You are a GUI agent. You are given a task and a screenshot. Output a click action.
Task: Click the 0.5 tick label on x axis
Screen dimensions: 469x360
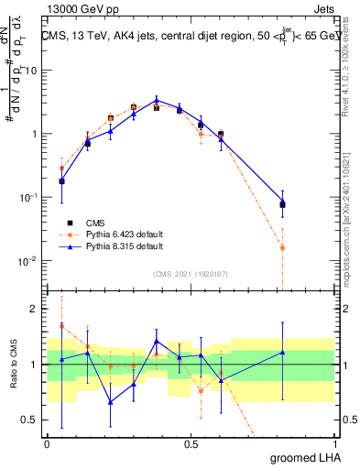click(x=191, y=443)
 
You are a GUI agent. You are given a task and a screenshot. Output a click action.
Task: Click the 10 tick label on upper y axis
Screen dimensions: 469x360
click(x=31, y=71)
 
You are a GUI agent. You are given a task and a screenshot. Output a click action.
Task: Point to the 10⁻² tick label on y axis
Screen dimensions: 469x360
click(x=28, y=261)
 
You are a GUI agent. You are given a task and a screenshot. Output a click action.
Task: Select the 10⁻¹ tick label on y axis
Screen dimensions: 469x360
click(x=28, y=198)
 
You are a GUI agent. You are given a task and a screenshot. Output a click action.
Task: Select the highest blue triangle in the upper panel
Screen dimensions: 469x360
click(x=157, y=100)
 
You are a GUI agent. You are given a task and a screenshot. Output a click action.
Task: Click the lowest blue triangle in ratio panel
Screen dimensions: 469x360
click(x=111, y=402)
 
